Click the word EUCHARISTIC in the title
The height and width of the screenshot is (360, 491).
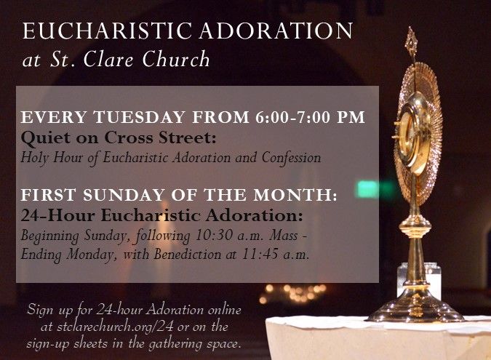[x=107, y=31]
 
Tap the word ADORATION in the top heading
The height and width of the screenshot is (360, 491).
[x=276, y=31]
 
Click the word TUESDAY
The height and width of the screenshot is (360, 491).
[x=140, y=117]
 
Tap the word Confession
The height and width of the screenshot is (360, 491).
[x=291, y=158]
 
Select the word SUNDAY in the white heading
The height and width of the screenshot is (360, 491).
[x=124, y=195]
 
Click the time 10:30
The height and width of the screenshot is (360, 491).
[x=214, y=236]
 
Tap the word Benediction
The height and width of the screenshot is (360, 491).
[x=187, y=255]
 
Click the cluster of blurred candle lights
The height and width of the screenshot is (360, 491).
[x=293, y=293]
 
